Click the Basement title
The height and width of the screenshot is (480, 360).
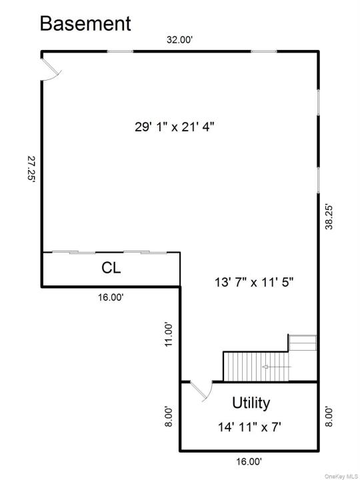click(85, 24)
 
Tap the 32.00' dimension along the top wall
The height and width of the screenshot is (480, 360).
click(179, 40)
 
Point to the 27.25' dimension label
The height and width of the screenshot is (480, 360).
click(32, 169)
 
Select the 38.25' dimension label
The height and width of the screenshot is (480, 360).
click(329, 217)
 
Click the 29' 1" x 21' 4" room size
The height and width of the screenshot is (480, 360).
click(174, 127)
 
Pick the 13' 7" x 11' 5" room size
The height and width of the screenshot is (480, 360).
click(254, 282)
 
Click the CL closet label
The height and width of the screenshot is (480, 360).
click(111, 268)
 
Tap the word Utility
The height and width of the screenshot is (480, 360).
click(251, 403)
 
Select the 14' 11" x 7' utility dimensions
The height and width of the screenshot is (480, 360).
click(249, 427)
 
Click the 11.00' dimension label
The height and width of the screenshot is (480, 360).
click(169, 334)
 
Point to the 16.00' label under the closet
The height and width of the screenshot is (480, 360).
click(111, 297)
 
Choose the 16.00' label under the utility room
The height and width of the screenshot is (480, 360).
click(249, 461)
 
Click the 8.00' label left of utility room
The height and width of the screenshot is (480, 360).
click(169, 416)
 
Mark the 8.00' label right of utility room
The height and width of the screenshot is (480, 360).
click(329, 416)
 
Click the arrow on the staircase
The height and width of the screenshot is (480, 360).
click(277, 367)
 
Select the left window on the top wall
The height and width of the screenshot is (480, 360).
click(120, 51)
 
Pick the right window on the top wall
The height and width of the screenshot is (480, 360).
click(264, 51)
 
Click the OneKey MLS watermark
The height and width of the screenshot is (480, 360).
click(341, 476)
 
